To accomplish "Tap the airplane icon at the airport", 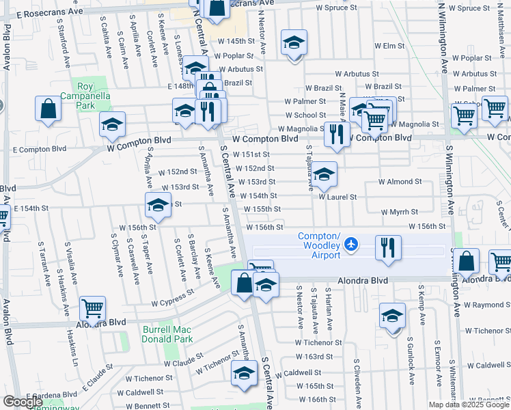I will (351, 243).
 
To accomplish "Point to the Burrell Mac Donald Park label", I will (167, 334).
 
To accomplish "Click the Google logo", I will (23, 402).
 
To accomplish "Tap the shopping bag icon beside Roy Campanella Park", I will (49, 109).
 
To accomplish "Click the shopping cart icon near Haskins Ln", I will (92, 308).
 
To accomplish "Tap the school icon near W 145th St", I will (294, 44).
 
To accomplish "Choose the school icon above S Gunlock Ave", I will (392, 316).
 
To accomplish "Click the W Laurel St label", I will (337, 197).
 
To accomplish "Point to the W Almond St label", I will (400, 182).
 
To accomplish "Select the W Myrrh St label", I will (399, 213).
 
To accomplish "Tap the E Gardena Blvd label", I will (53, 395).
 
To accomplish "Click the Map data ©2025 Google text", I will (468, 405).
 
